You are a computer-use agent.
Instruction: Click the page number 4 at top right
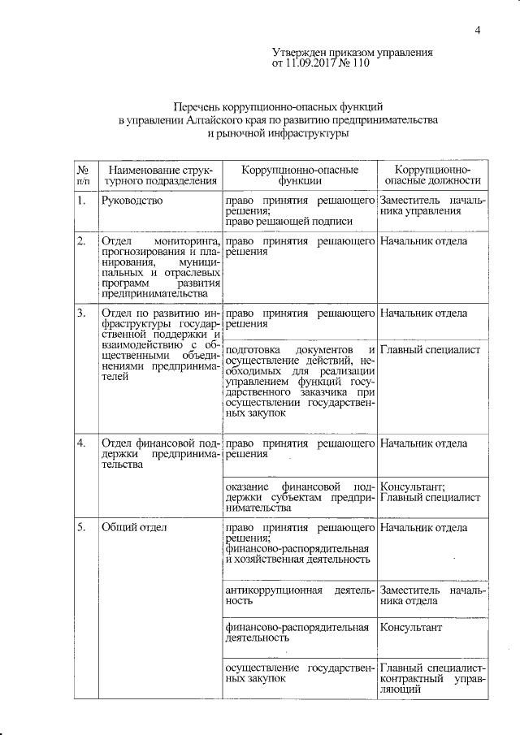pos(479,31)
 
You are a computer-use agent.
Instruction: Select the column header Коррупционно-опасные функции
pos(300,175)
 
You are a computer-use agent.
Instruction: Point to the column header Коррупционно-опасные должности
pos(432,175)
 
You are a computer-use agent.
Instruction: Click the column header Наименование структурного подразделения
pos(159,175)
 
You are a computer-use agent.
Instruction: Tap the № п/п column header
pos(83,175)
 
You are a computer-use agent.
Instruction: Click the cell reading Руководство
pos(132,200)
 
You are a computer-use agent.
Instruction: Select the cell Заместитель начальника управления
pos(431,205)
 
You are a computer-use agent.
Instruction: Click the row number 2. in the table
pos(81,241)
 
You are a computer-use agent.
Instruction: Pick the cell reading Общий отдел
pos(134,528)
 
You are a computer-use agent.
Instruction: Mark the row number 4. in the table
pos(81,443)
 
